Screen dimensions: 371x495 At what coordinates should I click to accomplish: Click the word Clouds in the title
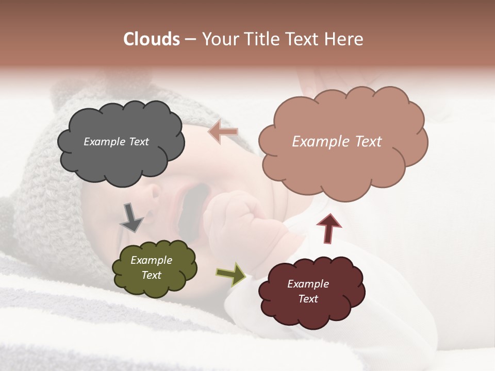[151, 39]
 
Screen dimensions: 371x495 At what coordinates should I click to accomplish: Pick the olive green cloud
[155, 286]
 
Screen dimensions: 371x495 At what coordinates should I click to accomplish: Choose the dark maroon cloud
[312, 314]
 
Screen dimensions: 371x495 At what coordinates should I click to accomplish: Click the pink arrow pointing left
[224, 132]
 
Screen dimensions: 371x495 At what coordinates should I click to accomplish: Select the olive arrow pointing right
[230, 274]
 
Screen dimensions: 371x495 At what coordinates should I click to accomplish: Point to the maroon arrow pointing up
[329, 228]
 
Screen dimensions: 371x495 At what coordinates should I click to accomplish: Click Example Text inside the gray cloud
[116, 142]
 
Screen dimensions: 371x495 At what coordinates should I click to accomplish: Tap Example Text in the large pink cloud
[337, 142]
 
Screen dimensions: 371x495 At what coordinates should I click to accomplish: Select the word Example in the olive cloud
[152, 260]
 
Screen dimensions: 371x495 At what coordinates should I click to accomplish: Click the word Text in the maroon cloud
[308, 299]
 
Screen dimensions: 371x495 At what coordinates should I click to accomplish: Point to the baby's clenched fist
[232, 214]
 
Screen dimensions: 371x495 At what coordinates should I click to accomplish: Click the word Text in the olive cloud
[152, 275]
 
